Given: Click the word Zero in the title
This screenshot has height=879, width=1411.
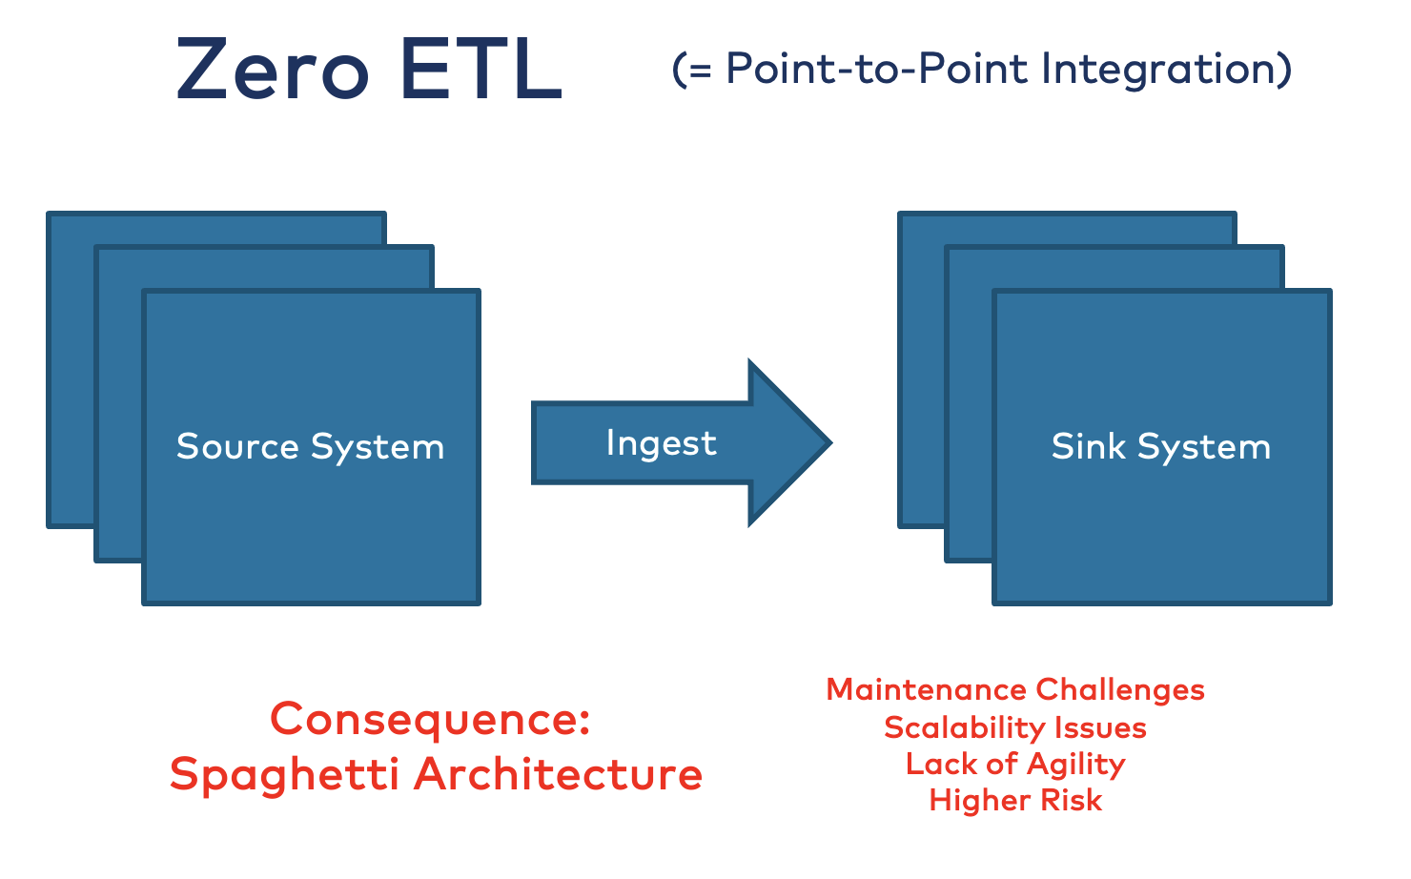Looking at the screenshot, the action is coord(273,69).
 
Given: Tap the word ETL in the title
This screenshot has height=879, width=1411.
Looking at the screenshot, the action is coord(481,69).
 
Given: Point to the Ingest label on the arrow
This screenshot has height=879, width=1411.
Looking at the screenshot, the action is coord(661,443).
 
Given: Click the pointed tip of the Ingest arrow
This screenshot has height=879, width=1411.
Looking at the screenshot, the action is coord(831,442).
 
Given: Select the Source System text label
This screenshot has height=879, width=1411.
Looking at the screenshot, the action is coord(311,447).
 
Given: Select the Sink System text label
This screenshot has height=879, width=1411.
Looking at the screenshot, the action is coord(1161,447).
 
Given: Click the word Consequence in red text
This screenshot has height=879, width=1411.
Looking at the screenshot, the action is coord(419,719).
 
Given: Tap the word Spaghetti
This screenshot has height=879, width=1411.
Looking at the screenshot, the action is coord(284,775).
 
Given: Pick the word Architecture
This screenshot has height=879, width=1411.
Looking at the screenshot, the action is coord(558,774).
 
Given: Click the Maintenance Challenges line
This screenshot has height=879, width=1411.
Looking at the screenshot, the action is coord(1014,690).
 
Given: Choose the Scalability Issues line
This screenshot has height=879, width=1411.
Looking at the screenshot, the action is coord(1014,727).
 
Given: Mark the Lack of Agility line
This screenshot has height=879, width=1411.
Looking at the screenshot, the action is coord(1014,765).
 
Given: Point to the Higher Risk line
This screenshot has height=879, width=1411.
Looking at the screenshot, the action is coord(1015,801).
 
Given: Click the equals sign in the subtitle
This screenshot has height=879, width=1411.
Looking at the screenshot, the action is coord(700,71).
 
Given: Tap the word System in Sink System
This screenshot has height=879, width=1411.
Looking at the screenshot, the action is coord(1204,447).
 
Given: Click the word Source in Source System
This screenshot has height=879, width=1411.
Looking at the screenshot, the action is coord(237,447).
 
